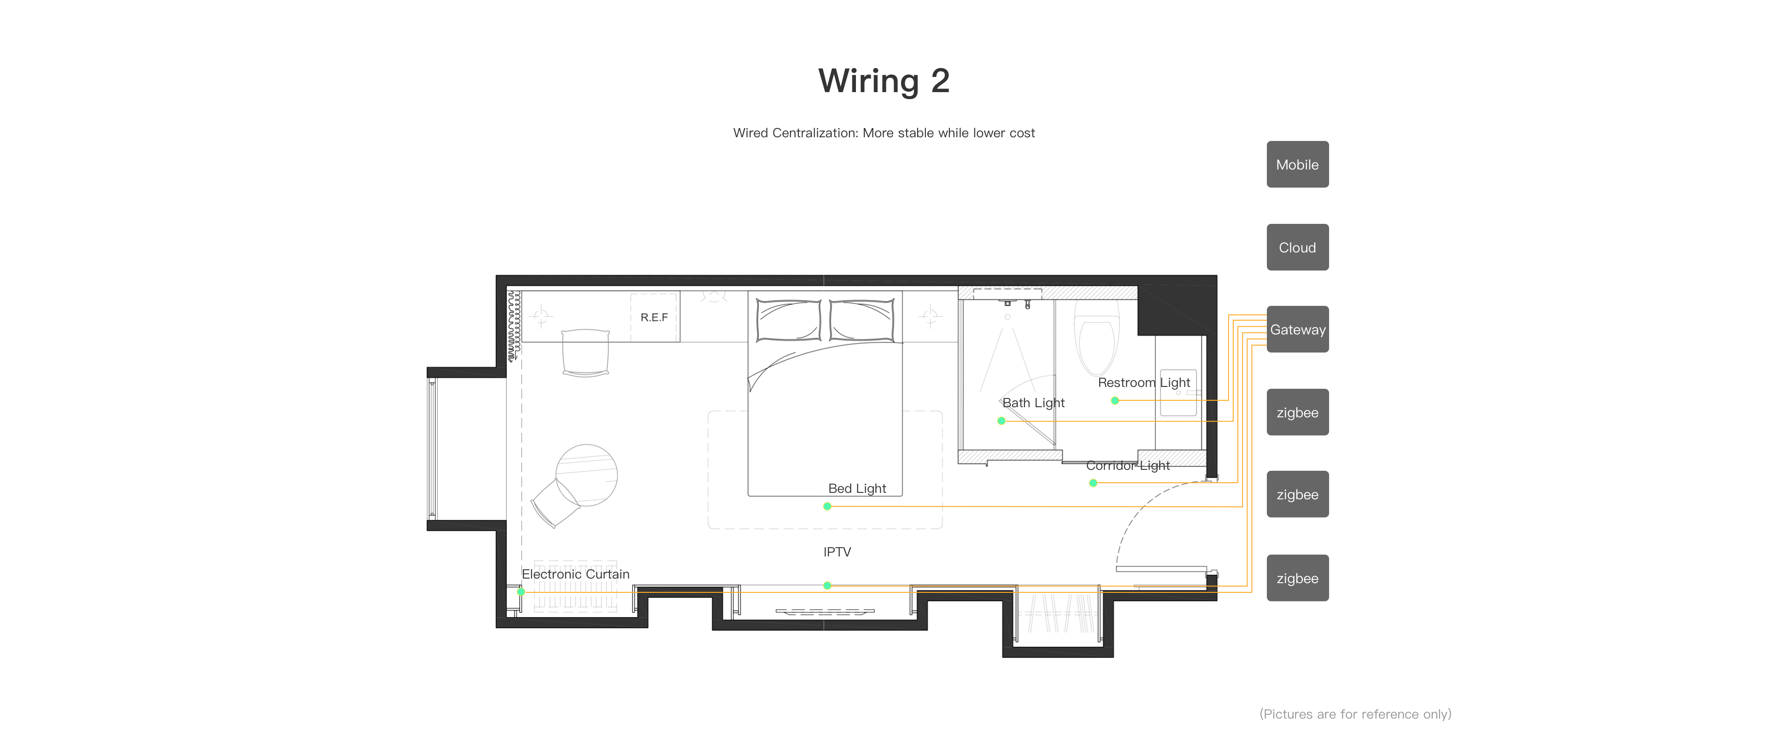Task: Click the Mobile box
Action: click(x=1297, y=164)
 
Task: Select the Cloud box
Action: click(x=1297, y=247)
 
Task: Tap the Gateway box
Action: click(x=1297, y=329)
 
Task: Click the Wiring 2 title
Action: click(x=884, y=81)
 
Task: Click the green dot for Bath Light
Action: click(x=1001, y=421)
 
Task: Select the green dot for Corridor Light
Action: click(x=1093, y=483)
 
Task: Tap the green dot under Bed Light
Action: click(x=827, y=506)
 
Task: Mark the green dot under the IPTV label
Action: click(x=827, y=585)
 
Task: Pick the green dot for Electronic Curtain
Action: click(x=521, y=591)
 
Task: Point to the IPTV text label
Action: click(x=837, y=551)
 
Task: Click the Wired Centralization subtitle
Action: click(x=884, y=133)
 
